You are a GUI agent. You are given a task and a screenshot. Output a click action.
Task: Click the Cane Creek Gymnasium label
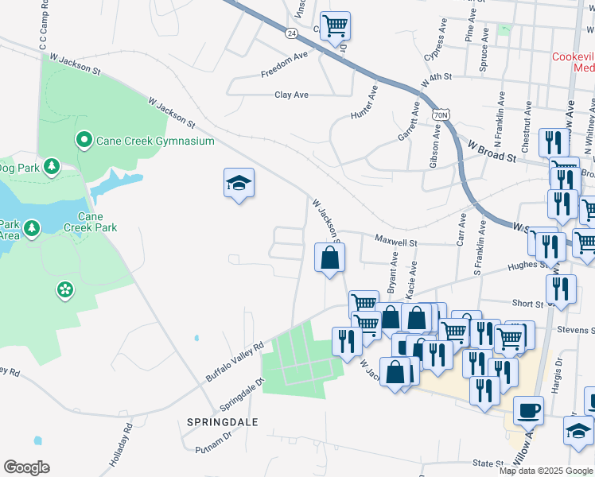tap(155, 141)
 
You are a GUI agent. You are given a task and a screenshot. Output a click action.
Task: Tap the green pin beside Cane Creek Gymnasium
tap(84, 141)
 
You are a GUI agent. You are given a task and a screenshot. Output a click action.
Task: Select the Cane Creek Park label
tap(97, 222)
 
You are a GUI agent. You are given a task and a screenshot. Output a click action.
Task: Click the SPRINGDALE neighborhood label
tap(222, 421)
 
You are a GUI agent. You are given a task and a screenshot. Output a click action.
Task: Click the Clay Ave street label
tap(291, 95)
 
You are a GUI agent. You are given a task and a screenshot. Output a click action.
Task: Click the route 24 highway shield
tap(292, 33)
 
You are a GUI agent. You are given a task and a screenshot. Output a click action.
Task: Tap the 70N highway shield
tap(441, 116)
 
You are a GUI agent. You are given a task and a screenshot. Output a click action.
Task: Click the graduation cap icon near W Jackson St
tap(238, 183)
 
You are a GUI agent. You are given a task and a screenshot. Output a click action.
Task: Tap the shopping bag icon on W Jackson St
tap(329, 258)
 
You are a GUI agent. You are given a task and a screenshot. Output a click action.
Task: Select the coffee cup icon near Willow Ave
tap(529, 409)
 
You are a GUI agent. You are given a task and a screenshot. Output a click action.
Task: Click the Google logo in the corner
tap(27, 467)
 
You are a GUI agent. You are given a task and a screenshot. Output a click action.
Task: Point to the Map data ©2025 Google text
tap(546, 471)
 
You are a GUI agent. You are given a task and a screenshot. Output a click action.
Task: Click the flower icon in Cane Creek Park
tap(64, 290)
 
